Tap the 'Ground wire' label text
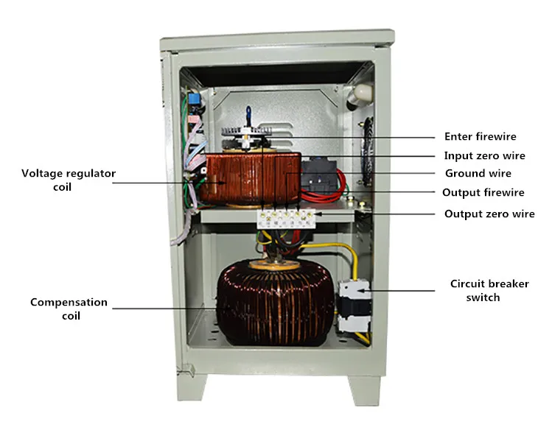[x=478, y=174]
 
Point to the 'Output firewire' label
[x=483, y=193]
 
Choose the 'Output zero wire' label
[x=489, y=214]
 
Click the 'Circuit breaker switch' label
[x=489, y=290]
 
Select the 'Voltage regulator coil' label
[x=69, y=180]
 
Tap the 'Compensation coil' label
[x=69, y=309]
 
